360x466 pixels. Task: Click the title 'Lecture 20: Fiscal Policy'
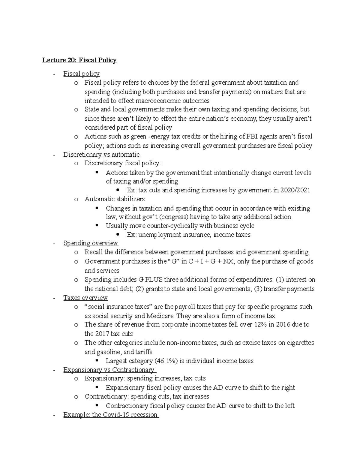coord(79,60)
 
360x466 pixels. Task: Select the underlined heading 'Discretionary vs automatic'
coord(101,155)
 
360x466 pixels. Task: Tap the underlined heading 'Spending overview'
coord(91,243)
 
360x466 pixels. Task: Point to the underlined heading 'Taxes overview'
coord(85,298)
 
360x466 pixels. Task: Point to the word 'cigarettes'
coord(300,343)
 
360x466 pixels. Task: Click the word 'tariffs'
coord(144,352)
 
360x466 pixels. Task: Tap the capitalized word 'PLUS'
coord(154,280)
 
